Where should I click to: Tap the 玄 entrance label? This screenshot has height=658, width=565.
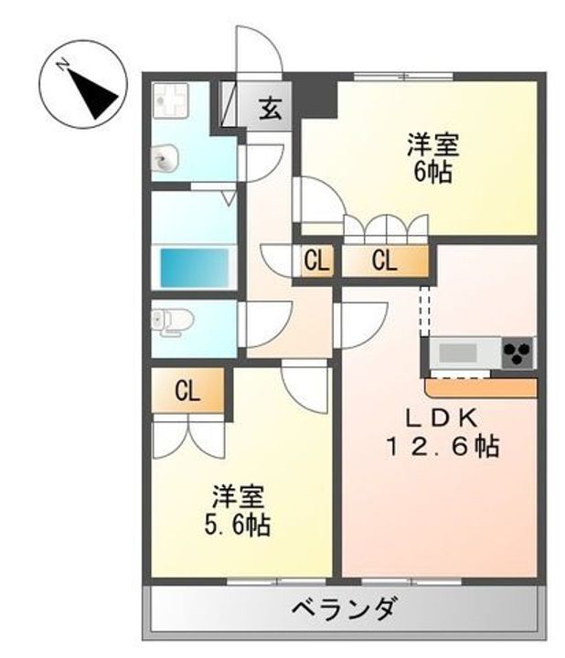(x=269, y=108)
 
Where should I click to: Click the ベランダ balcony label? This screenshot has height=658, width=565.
(x=345, y=606)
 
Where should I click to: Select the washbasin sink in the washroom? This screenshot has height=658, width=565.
(x=164, y=162)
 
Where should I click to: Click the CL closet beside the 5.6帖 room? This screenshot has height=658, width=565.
(x=187, y=391)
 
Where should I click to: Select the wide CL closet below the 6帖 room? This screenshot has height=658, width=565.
(x=384, y=261)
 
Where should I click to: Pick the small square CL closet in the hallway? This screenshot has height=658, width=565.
(x=316, y=261)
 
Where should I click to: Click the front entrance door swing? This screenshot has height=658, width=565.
(x=258, y=55)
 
